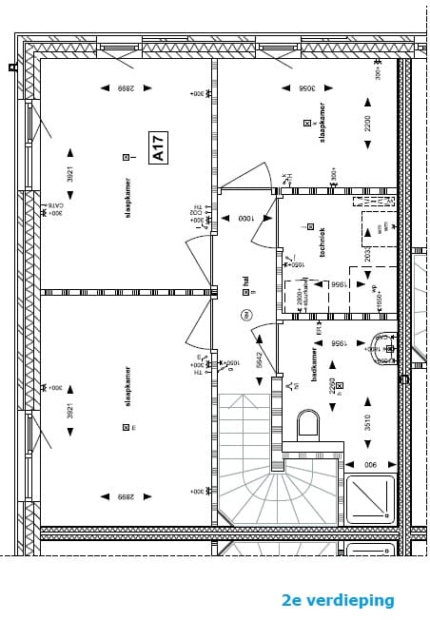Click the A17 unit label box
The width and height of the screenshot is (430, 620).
[158, 147]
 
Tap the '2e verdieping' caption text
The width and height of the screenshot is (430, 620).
[337, 600]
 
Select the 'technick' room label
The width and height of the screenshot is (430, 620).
[322, 242]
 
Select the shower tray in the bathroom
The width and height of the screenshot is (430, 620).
[370, 498]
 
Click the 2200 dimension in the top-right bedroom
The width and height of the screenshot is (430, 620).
[368, 123]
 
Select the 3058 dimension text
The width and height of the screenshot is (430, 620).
[306, 88]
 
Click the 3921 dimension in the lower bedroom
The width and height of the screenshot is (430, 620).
[70, 411]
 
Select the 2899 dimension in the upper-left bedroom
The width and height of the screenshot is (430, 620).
[127, 88]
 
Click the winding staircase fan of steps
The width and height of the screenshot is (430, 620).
[247, 485]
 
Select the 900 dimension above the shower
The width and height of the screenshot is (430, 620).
[369, 464]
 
